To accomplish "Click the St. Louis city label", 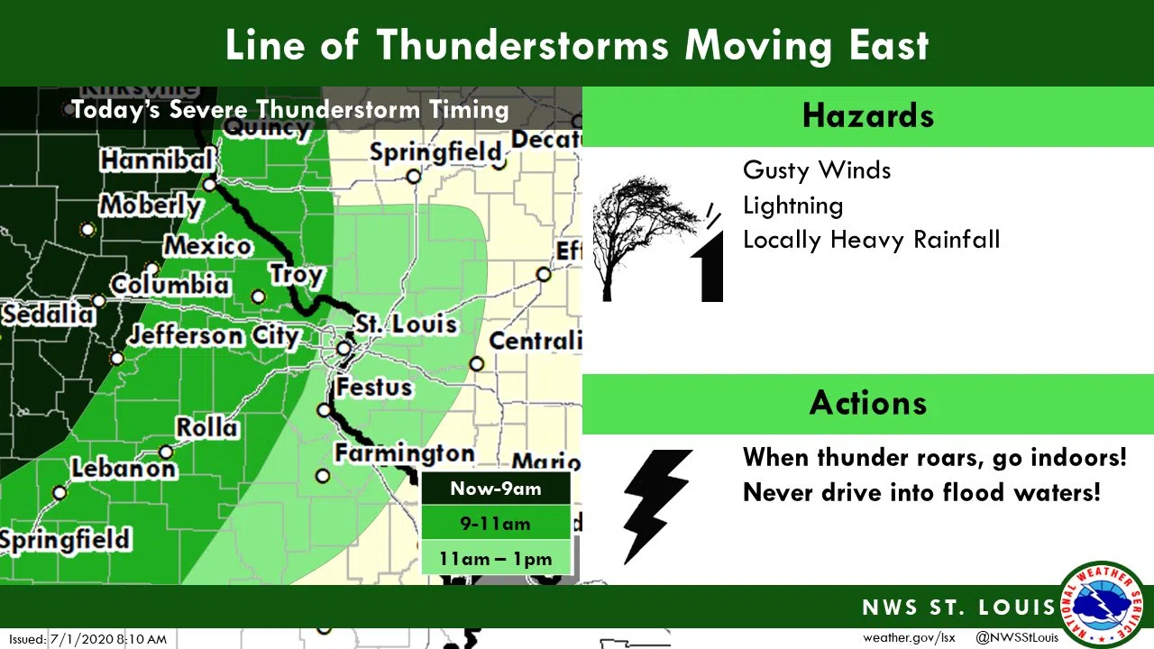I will (x=406, y=324).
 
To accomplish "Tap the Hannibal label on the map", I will (x=157, y=160).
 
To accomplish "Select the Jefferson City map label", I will (x=214, y=336).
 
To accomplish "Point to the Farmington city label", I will (x=405, y=452).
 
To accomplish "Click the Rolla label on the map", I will (x=207, y=427).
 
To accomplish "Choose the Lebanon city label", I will (x=124, y=469).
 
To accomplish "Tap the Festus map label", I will (x=374, y=388).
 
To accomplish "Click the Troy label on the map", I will (x=297, y=274).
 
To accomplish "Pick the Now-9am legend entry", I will (x=496, y=489).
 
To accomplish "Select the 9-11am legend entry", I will (x=496, y=524).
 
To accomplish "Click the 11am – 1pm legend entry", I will (x=496, y=559).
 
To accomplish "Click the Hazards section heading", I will (x=868, y=116).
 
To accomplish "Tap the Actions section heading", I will (x=868, y=402).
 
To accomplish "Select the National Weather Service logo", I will (x=1103, y=604).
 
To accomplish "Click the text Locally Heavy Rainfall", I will (x=871, y=240).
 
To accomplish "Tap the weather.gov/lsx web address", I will (x=909, y=637).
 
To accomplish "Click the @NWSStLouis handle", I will (x=1017, y=637).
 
